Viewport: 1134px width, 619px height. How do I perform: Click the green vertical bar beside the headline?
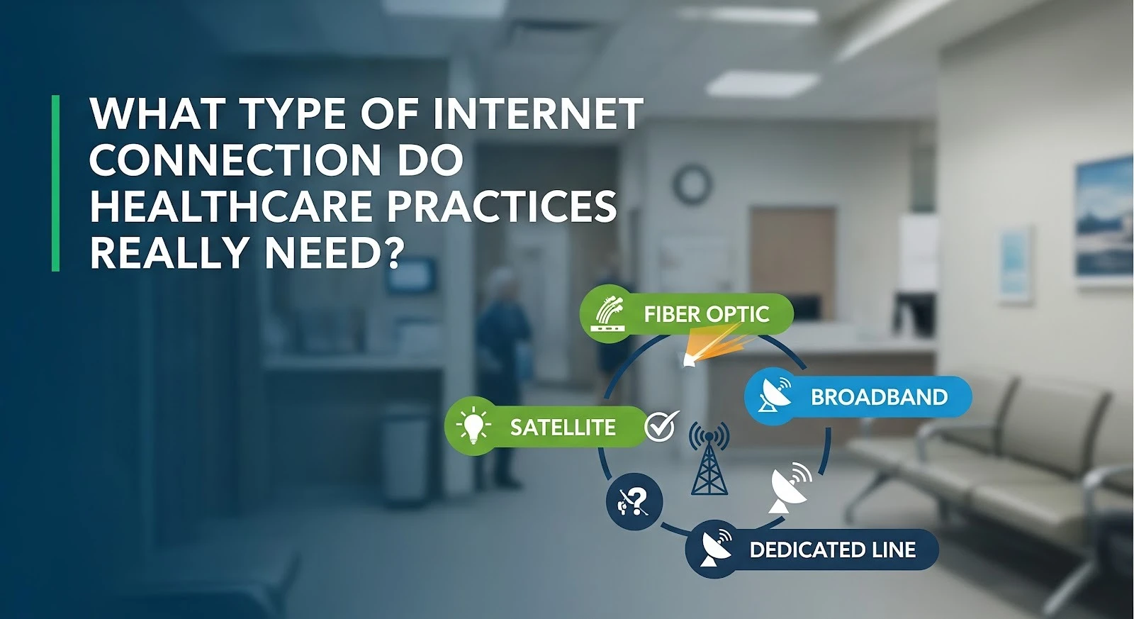56,183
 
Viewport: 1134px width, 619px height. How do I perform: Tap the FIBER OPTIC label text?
706,314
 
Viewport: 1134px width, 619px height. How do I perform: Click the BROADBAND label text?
880,397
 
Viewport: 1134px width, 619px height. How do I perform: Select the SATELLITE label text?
563,428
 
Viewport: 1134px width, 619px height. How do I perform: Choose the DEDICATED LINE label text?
832,550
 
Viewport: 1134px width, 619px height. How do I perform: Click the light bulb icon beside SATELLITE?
473,425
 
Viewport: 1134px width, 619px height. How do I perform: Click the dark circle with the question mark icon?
634,501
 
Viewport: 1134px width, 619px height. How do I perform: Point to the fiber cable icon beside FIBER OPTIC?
607,315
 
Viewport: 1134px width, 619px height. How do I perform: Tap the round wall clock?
692,184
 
